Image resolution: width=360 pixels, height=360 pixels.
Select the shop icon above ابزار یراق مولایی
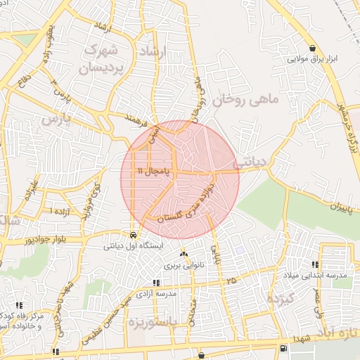pos(311,49)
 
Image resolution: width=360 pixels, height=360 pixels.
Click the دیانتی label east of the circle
pos(250,161)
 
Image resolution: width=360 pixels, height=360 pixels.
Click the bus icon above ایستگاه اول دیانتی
pos(134,235)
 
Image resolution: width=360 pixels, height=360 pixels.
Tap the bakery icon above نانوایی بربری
pos(184,254)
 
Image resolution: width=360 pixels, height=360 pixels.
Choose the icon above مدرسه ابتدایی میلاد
pos(315,264)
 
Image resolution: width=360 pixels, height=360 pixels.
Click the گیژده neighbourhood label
pos(283,300)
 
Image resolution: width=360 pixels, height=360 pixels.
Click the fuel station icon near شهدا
pos(283,348)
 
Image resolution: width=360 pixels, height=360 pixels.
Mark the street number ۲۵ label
pos(232,281)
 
